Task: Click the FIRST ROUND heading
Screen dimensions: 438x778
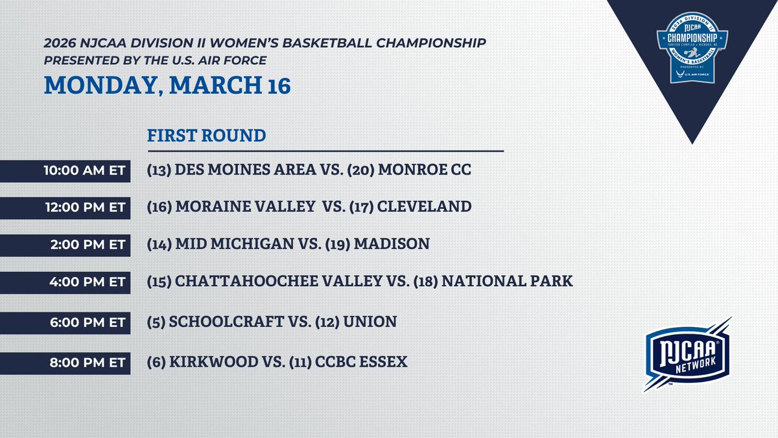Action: [x=207, y=136]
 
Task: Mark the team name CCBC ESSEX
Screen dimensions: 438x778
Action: [x=362, y=361]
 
